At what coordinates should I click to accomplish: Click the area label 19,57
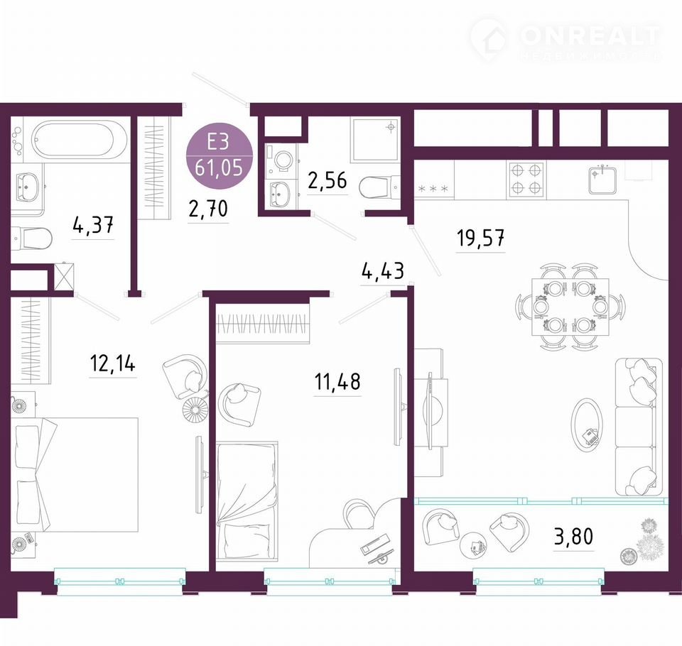(x=481, y=239)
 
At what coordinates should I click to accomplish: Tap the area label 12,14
(x=113, y=363)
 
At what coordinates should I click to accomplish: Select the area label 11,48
(x=337, y=382)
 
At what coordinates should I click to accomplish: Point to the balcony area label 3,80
(x=573, y=537)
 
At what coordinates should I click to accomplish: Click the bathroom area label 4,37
(x=94, y=226)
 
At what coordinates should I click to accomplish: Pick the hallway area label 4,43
(x=383, y=271)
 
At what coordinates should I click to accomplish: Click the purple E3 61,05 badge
(x=219, y=155)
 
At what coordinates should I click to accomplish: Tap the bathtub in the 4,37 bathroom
(x=72, y=139)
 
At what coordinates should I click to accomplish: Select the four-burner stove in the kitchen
(x=526, y=179)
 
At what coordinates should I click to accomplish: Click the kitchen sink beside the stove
(x=602, y=180)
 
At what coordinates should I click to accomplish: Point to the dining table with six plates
(x=570, y=307)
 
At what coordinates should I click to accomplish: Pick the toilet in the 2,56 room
(x=379, y=187)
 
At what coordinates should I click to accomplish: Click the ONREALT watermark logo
(x=565, y=38)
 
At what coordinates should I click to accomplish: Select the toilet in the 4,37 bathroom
(x=31, y=238)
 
